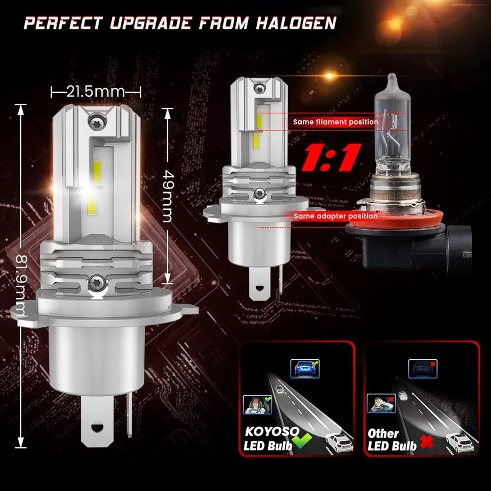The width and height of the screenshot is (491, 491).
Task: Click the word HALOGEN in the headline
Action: click(x=296, y=23)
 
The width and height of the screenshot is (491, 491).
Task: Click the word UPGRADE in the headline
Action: click(x=151, y=23)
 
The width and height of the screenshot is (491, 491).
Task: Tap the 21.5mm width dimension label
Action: click(x=96, y=91)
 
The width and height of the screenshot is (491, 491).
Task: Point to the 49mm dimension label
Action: click(x=167, y=196)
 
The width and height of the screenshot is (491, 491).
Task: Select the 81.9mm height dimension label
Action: click(x=21, y=285)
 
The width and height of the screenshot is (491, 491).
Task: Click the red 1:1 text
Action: click(x=331, y=158)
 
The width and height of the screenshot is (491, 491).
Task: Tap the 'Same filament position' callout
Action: click(x=335, y=122)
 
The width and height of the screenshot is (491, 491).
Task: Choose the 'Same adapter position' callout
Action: click(x=335, y=216)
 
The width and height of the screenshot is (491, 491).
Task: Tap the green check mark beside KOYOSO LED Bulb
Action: click(x=301, y=440)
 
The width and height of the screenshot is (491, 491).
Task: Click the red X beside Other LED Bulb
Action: click(x=427, y=441)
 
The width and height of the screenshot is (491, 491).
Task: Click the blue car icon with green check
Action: click(x=305, y=369)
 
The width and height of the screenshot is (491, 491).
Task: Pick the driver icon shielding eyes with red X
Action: click(x=381, y=403)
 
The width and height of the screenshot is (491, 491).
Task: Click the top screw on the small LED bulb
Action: click(x=259, y=89)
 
